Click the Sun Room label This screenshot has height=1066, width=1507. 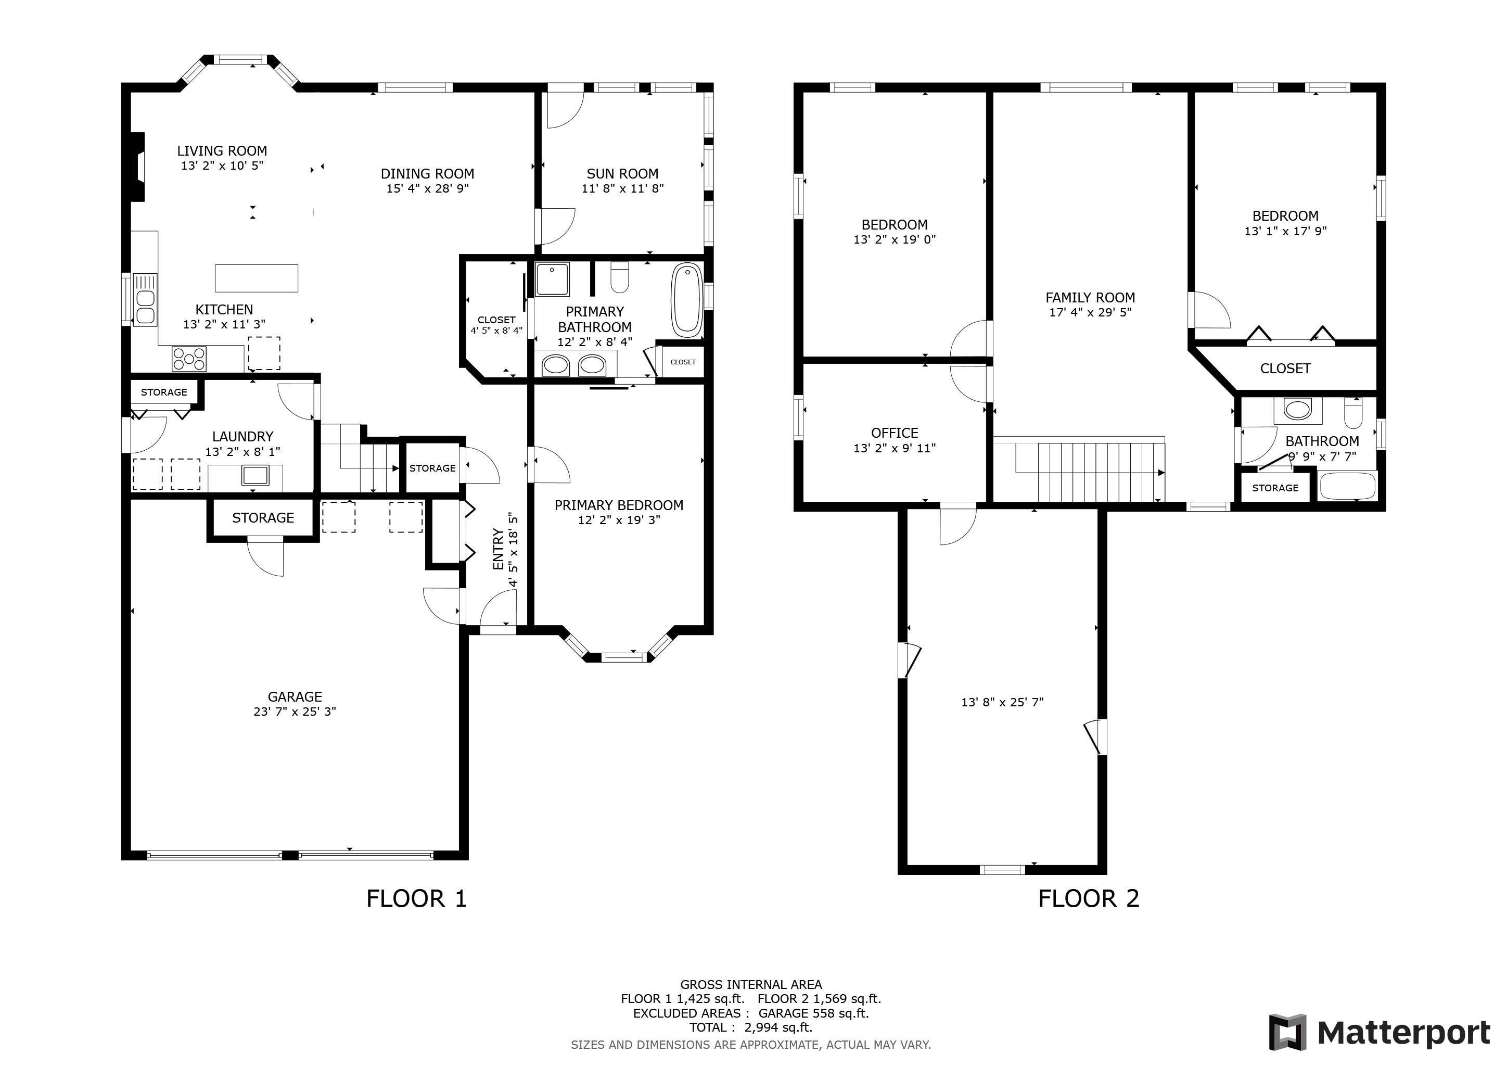(622, 174)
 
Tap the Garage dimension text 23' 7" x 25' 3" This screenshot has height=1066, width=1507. (295, 712)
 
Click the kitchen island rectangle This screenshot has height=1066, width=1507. (257, 278)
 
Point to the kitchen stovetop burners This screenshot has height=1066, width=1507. (189, 359)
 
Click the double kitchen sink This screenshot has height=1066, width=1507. (145, 300)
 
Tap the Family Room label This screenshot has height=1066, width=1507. (1090, 297)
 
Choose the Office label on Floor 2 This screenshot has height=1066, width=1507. (895, 433)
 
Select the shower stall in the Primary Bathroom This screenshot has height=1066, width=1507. (553, 280)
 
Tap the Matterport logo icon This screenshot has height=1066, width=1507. (1288, 1033)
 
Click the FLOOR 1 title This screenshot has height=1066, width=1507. (417, 898)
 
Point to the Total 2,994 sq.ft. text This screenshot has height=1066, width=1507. (751, 1028)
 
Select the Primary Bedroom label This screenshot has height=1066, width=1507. (619, 505)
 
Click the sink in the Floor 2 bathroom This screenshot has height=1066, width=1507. (1298, 410)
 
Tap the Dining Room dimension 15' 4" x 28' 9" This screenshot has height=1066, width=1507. (427, 189)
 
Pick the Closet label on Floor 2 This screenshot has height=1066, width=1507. (1285, 369)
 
